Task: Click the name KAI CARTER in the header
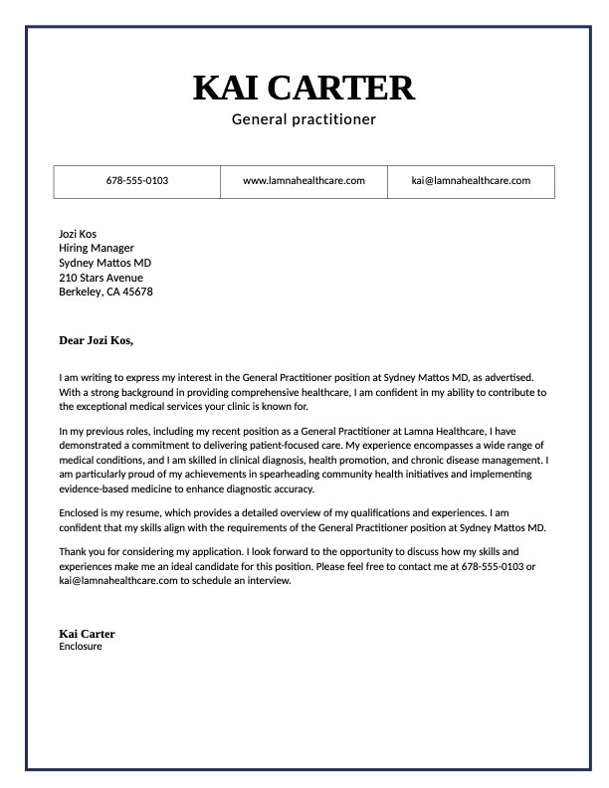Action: pos(304,88)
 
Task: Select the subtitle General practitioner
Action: pos(304,120)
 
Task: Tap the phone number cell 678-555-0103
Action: pos(137,181)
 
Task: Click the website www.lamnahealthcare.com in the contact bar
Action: pos(304,181)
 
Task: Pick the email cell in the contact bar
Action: pos(471,181)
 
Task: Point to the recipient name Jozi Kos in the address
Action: pos(78,234)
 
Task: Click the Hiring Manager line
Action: pos(97,249)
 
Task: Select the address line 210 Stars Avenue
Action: pos(101,278)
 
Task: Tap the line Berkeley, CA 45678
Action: pos(105,292)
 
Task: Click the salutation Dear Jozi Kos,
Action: pos(97,340)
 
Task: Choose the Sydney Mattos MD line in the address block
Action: pos(105,263)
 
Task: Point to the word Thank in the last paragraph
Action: pos(75,551)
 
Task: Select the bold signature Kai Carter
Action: pos(87,634)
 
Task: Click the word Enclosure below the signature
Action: pos(81,647)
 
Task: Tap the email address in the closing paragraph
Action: pos(118,581)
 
